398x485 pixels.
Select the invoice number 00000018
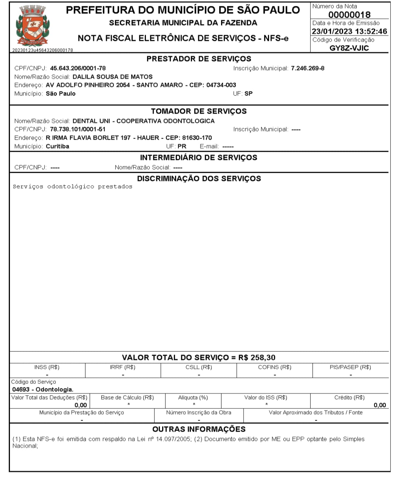click(349, 15)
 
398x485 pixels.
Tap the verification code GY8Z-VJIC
click(349, 48)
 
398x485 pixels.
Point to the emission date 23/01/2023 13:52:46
click(349, 31)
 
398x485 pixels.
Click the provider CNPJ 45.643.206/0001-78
click(78, 68)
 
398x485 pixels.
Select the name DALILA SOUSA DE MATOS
click(112, 77)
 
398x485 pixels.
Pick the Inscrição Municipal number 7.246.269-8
click(307, 68)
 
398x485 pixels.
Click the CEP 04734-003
click(221, 85)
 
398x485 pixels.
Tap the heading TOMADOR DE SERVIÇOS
click(199, 111)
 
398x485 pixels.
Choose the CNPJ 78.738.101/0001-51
click(77, 129)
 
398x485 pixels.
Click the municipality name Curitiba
click(57, 146)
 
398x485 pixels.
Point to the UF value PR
click(182, 146)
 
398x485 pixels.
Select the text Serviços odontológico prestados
click(72, 186)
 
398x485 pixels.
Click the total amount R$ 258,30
click(257, 358)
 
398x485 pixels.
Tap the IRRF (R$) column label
click(123, 367)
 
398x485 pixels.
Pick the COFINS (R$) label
click(275, 367)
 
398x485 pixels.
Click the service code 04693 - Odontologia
click(42, 389)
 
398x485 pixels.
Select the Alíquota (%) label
click(193, 397)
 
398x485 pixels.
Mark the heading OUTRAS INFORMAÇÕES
click(199, 429)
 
